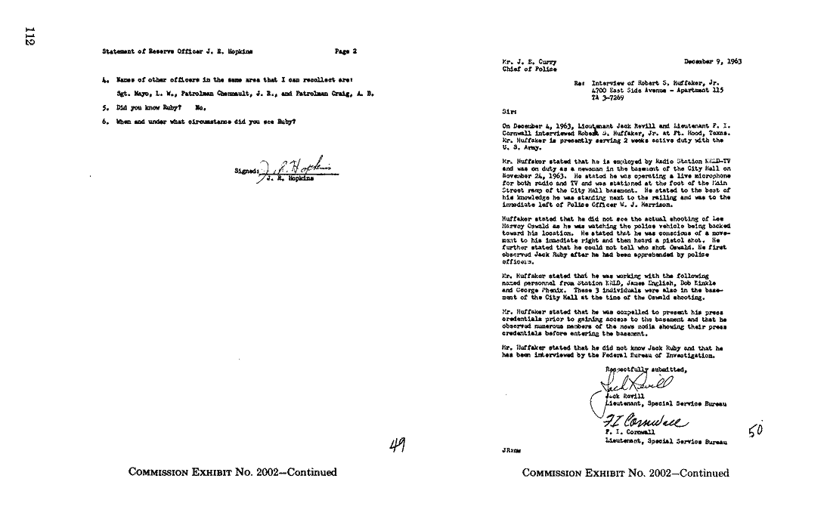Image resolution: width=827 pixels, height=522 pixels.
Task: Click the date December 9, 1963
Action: pyautogui.click(x=713, y=61)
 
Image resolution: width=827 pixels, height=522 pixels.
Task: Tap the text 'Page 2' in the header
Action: pyautogui.click(x=345, y=51)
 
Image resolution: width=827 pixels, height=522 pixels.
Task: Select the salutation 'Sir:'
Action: pyautogui.click(x=508, y=110)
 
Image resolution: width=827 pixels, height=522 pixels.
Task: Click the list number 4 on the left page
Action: pyautogui.click(x=104, y=79)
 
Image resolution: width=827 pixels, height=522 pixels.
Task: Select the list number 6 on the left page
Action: pyautogui.click(x=104, y=121)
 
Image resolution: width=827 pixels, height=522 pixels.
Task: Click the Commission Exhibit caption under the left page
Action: pyautogui.click(x=233, y=473)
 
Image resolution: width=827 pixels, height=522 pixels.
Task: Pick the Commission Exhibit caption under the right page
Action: pyautogui.click(x=626, y=473)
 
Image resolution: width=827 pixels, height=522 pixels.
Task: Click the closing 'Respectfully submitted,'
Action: pyautogui.click(x=646, y=369)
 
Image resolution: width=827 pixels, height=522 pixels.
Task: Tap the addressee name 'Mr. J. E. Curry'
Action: pyautogui.click(x=525, y=61)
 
